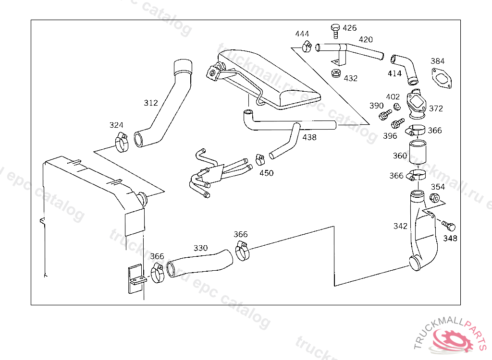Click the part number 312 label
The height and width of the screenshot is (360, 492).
click(150, 103)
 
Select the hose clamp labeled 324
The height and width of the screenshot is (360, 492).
click(122, 142)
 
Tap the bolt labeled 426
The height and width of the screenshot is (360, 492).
click(335, 31)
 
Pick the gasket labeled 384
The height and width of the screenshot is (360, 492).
click(442, 78)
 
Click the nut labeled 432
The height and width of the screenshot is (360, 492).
click(336, 74)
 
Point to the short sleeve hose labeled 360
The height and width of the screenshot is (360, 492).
click(418, 152)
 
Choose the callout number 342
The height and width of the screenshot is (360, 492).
click(400, 226)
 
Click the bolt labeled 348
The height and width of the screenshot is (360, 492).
click(449, 226)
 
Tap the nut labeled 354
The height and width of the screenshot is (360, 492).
click(434, 198)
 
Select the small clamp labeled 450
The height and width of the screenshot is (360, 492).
click(260, 160)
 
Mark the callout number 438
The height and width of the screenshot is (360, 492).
click(309, 137)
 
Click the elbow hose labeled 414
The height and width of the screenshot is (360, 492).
click(406, 69)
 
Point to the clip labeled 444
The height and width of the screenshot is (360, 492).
click(307, 47)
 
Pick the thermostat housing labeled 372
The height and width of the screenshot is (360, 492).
click(417, 105)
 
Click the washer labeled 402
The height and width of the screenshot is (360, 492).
click(397, 107)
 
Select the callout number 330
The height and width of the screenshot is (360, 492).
click(200, 248)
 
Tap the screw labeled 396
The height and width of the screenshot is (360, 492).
click(397, 123)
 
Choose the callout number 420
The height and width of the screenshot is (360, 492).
click(366, 39)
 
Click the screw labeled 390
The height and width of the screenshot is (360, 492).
click(385, 115)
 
